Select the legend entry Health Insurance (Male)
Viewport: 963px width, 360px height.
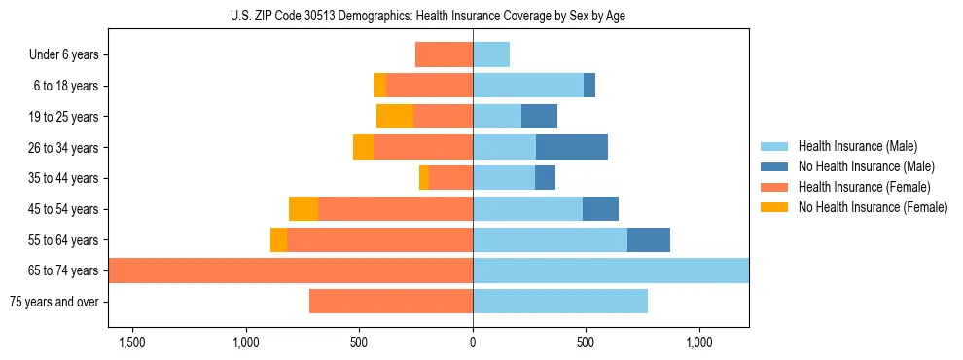[x=855, y=146]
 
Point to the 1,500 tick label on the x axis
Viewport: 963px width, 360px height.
[x=131, y=342]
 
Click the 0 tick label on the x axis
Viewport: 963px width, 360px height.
[x=473, y=342]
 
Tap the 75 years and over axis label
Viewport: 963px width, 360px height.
[x=54, y=302]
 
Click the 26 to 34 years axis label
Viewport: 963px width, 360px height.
[x=64, y=147]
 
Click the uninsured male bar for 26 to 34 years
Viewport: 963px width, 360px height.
[x=572, y=147]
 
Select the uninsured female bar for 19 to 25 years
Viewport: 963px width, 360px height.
[x=395, y=117]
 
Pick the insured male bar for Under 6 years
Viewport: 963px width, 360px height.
[x=491, y=54]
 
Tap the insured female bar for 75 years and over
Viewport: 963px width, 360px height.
[x=391, y=302]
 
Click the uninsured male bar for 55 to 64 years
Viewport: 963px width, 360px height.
[x=649, y=239]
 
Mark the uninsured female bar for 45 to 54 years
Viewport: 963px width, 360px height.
[x=303, y=209]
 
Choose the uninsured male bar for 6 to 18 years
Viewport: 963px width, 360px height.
[x=589, y=86]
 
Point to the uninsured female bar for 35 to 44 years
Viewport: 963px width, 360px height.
[x=424, y=178]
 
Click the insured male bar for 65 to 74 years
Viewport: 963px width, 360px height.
[x=611, y=270]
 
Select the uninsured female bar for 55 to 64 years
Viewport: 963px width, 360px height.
[x=278, y=239]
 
